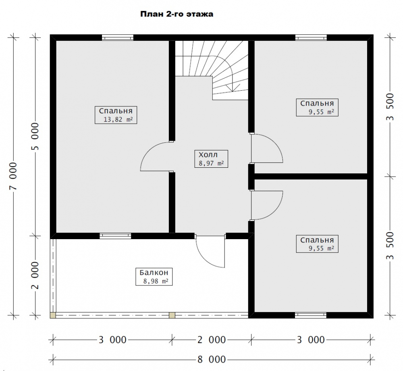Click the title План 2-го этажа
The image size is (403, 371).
177,14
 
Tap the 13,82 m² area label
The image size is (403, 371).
118,119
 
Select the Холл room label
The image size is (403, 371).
208,155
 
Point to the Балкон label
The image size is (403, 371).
151,273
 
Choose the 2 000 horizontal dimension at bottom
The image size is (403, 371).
212,340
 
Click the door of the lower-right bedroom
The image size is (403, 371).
266,205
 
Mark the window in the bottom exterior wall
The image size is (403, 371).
310,315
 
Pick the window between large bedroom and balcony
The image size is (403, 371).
115,236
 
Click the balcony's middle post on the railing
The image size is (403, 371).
172,315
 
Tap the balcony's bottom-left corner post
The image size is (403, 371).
53,315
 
